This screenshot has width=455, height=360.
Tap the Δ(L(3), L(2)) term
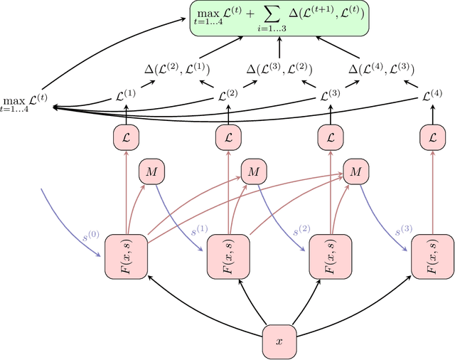[279, 69]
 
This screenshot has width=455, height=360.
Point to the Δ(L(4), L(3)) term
[382, 69]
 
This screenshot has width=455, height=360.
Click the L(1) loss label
[126, 94]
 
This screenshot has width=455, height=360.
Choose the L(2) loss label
[228, 94]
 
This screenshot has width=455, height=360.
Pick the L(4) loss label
[432, 94]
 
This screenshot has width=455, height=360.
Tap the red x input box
[279, 341]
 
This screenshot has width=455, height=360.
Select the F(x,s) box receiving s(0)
[126, 255]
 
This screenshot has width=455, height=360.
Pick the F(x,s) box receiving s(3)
[432, 255]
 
